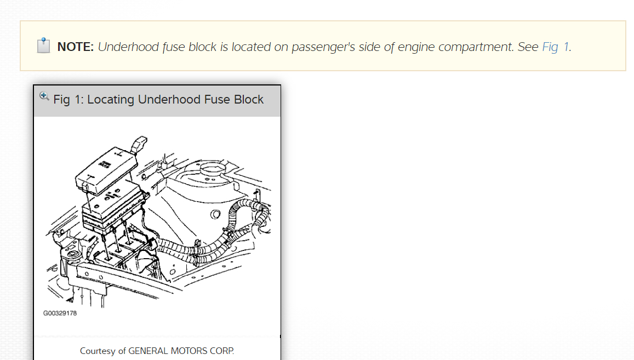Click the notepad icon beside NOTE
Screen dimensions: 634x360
(x=44, y=46)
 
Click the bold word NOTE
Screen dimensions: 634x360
(x=76, y=47)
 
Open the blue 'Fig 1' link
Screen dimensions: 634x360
(x=555, y=47)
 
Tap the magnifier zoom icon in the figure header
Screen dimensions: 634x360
(x=44, y=96)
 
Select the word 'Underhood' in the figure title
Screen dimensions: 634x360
(x=162, y=100)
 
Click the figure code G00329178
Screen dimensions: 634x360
(x=60, y=313)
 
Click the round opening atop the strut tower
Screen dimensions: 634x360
(x=210, y=167)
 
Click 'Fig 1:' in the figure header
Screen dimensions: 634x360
(x=68, y=100)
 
